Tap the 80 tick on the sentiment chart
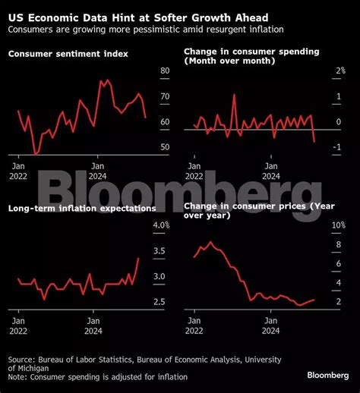[165, 71]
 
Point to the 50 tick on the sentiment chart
[165, 147]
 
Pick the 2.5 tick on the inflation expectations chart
[160, 302]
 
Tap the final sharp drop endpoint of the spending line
[314, 142]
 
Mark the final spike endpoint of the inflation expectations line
[139, 258]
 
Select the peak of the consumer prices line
[210, 242]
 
